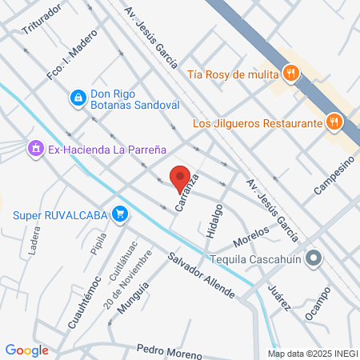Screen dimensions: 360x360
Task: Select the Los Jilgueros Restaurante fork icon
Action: (334, 122)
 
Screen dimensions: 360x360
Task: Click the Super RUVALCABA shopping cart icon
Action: (120, 214)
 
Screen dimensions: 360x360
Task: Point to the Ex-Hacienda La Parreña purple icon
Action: (35, 148)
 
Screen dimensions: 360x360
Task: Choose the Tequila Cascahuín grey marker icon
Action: (314, 258)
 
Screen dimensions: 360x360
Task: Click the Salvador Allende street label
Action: (201, 276)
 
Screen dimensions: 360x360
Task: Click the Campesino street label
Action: (334, 176)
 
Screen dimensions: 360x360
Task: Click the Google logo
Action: (27, 350)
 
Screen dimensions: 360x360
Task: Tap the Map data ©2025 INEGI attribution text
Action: (313, 354)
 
